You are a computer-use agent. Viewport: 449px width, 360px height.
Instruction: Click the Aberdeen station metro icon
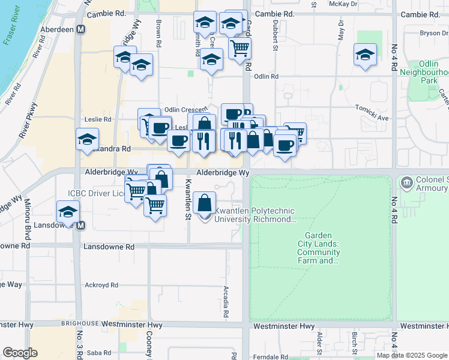coord(80,29)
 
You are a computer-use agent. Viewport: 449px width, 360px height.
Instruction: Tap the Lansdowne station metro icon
coord(80,226)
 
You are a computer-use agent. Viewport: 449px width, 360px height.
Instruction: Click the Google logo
coord(20,353)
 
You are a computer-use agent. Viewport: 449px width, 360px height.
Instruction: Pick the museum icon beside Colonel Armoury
coord(406,181)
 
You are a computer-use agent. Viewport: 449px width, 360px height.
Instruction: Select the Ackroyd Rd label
coord(98,284)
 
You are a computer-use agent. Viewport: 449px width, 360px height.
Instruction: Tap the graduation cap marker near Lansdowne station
coord(68,212)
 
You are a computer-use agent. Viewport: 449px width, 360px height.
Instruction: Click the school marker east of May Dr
coord(365,54)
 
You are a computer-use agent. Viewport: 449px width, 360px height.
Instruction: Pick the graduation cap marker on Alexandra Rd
coord(87,139)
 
